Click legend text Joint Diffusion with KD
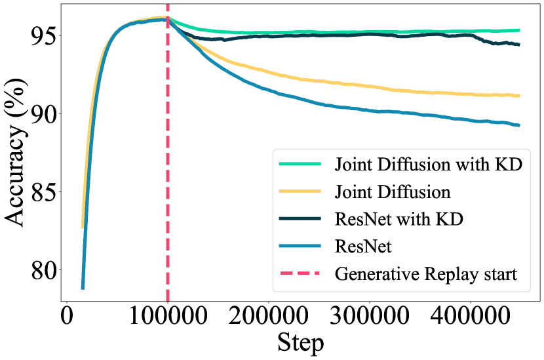click(428, 164)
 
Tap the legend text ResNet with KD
click(398, 218)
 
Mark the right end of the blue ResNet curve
click(519, 125)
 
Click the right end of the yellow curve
click(519, 96)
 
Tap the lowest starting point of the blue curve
click(83, 288)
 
